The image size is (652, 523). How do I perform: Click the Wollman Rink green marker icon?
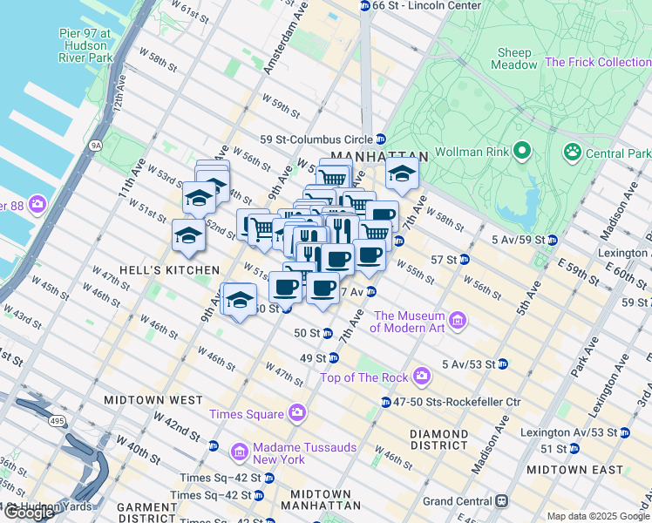522,152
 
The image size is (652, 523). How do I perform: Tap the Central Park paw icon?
573,153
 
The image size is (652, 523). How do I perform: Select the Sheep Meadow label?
514,59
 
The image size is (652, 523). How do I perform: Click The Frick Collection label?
597,62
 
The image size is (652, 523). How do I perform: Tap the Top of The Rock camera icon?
422,377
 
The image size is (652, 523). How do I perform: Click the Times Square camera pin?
298,413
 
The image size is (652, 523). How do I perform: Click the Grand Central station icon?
501,501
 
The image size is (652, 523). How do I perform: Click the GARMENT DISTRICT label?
122,513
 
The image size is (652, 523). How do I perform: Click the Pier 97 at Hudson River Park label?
80,46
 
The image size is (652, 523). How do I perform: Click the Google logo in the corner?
29,513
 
